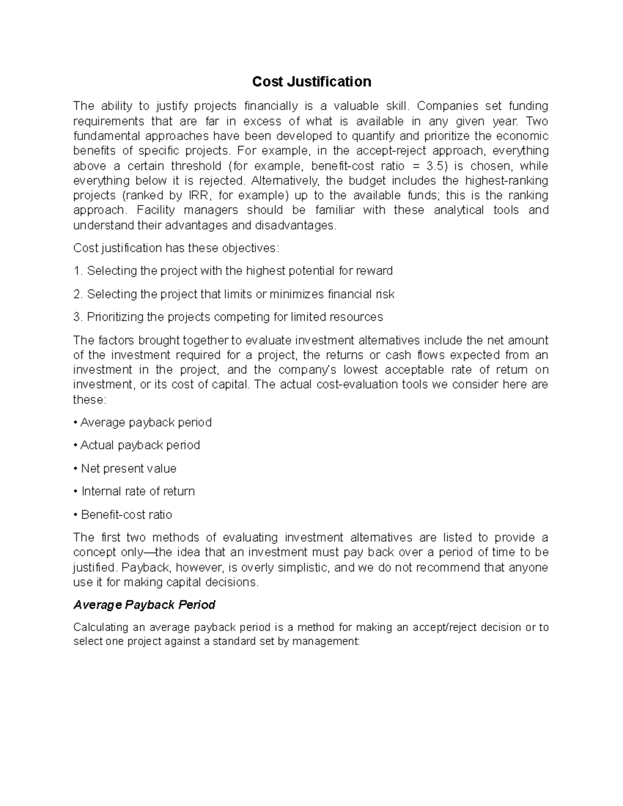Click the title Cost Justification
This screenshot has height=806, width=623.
pos(311,81)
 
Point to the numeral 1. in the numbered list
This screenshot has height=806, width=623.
pos(78,271)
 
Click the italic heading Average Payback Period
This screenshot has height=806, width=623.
pos(144,605)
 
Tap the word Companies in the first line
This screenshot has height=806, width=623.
pos(448,106)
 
